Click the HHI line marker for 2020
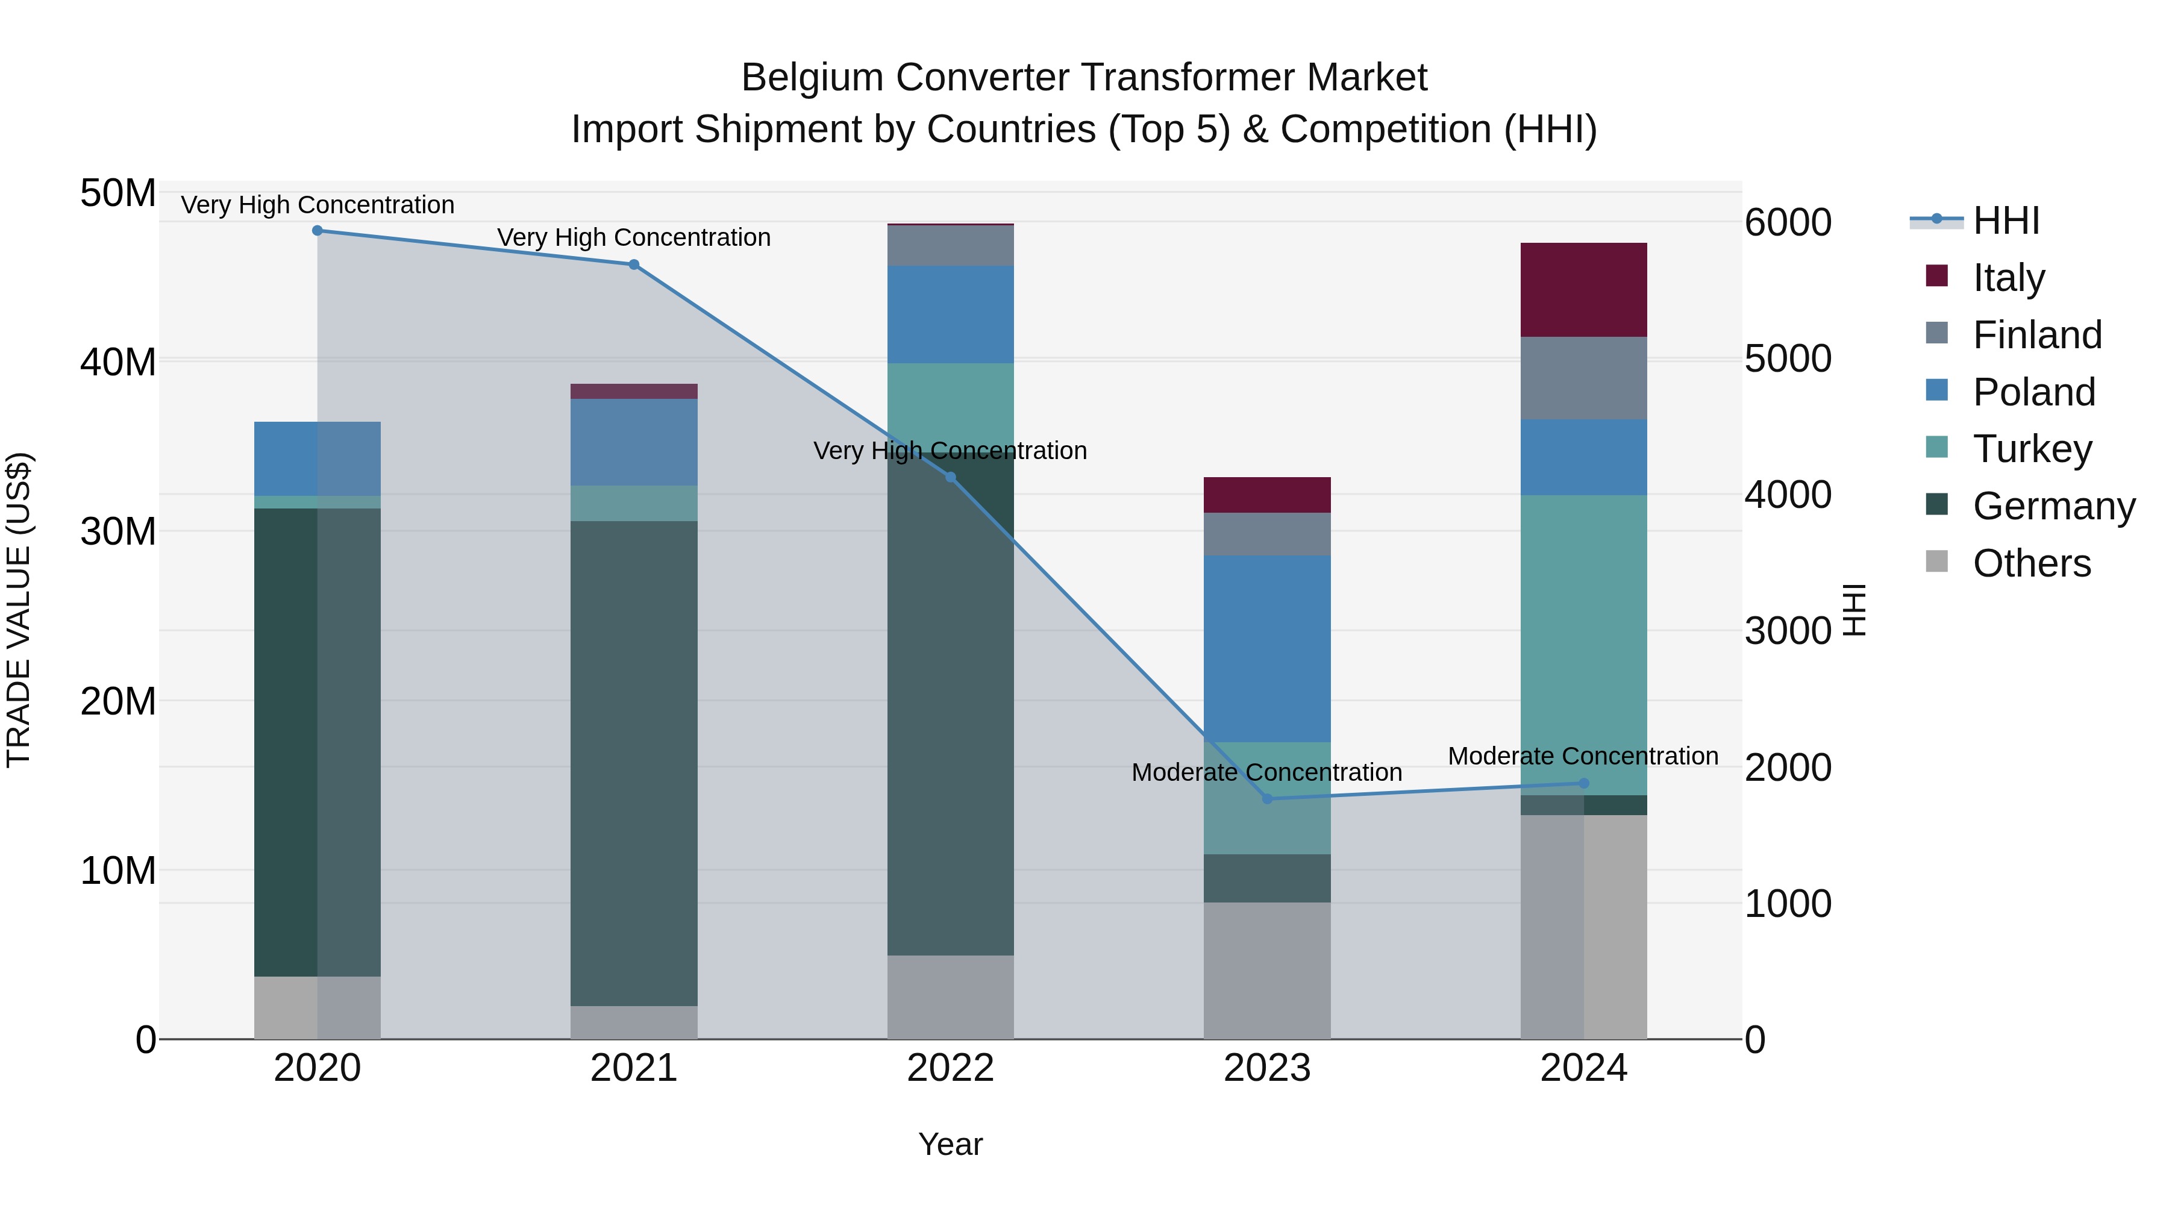pyautogui.click(x=318, y=231)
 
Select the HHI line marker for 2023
pyautogui.click(x=1267, y=798)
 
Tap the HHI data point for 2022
pyautogui.click(x=951, y=477)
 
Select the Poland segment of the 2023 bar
pyautogui.click(x=1267, y=648)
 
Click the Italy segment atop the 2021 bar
pyautogui.click(x=634, y=392)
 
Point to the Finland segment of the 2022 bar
pyautogui.click(x=951, y=246)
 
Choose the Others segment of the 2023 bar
pyautogui.click(x=1267, y=970)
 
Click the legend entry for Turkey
pyautogui.click(x=2032, y=449)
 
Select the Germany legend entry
pyautogui.click(x=2053, y=506)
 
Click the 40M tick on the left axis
pyautogui.click(x=118, y=363)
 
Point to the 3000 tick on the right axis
pyautogui.click(x=1788, y=631)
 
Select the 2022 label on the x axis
pyautogui.click(x=951, y=1068)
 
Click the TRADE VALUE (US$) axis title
pyautogui.click(x=19, y=610)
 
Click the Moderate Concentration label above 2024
pyautogui.click(x=1583, y=756)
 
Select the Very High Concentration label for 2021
pyautogui.click(x=634, y=237)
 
